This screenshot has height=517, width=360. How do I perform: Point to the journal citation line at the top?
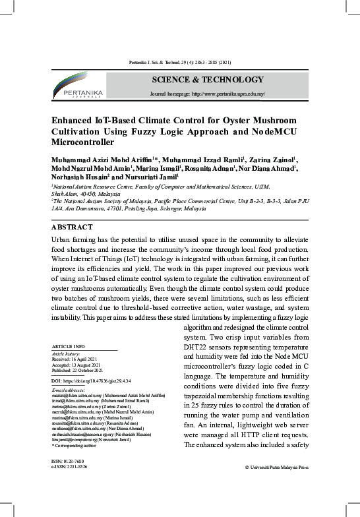(x=179, y=62)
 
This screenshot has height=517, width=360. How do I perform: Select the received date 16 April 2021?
(x=78, y=359)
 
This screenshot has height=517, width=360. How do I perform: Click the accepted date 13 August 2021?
(x=80, y=365)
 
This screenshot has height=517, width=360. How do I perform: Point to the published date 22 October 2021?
(x=82, y=371)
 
